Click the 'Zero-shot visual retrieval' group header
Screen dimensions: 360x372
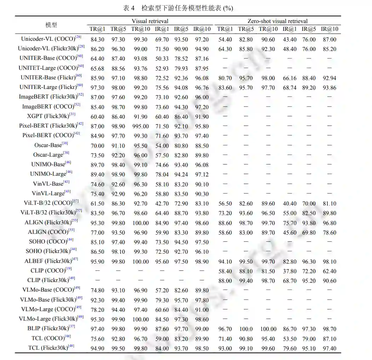pyautogui.click(x=277, y=21)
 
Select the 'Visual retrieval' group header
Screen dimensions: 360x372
pyautogui.click(x=150, y=21)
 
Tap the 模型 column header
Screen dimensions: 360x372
pyautogui.click(x=51, y=25)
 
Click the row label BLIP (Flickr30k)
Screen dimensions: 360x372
pyautogui.click(x=48, y=328)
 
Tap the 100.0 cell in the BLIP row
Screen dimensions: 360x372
pyautogui.click(x=246, y=329)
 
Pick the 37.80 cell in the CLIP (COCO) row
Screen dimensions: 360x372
pyautogui.click(x=289, y=271)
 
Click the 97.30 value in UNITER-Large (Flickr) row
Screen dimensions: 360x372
pyautogui.click(x=97, y=88)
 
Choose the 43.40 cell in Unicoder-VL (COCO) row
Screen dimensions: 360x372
pyautogui.click(x=289, y=40)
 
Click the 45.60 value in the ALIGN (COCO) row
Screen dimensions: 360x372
pyautogui.click(x=289, y=233)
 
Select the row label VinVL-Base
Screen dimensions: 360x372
pyautogui.click(x=48, y=184)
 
